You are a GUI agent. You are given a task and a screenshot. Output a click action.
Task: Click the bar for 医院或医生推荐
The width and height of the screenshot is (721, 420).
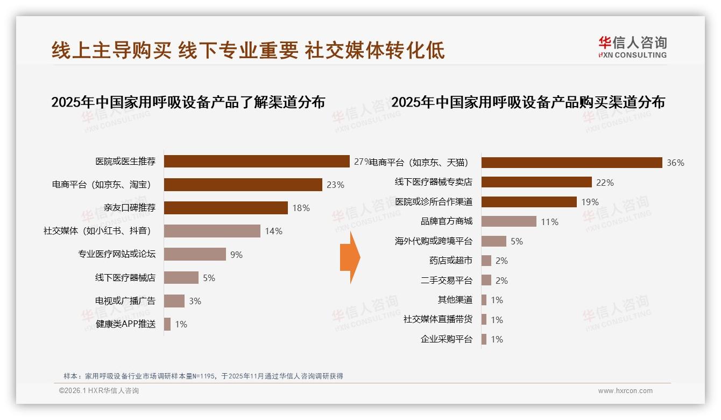pyautogui.click(x=257, y=162)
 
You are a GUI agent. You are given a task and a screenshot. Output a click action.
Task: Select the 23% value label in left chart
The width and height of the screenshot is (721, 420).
pyautogui.click(x=335, y=185)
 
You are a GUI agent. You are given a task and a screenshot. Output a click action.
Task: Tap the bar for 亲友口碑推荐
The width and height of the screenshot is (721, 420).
pyautogui.click(x=225, y=208)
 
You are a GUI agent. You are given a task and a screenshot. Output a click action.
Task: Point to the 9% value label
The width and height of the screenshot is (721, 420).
pyautogui.click(x=236, y=255)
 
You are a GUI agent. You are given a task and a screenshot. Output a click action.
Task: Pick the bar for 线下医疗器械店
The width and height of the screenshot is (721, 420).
pyautogui.click(x=181, y=278)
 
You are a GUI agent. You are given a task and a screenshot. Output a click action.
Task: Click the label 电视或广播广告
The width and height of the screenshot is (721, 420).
pyautogui.click(x=125, y=301)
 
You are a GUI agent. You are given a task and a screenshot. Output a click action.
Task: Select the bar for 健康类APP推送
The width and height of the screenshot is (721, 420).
pyautogui.click(x=167, y=324)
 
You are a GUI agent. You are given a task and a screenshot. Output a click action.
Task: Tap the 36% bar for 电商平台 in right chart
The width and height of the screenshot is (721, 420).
pyautogui.click(x=571, y=163)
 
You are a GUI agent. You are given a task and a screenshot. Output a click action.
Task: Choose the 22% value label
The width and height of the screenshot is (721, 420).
pyautogui.click(x=605, y=183)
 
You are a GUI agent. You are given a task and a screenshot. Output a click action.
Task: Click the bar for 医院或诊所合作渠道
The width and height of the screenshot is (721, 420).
pyautogui.click(x=529, y=202)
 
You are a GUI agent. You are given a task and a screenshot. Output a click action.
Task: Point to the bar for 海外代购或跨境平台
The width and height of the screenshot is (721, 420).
pyautogui.click(x=493, y=241)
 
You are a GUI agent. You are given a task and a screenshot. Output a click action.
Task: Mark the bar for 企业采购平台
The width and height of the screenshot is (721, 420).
pyautogui.click(x=484, y=339)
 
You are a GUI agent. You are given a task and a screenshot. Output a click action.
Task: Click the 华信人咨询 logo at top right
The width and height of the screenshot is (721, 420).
pyautogui.click(x=632, y=47)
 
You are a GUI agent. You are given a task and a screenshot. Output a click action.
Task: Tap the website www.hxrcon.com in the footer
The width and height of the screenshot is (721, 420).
pyautogui.click(x=625, y=391)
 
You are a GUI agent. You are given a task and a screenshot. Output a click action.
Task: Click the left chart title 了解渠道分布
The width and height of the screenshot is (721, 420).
pyautogui.click(x=188, y=102)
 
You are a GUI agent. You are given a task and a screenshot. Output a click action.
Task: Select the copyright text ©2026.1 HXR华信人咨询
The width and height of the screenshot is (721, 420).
pyautogui.click(x=99, y=391)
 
